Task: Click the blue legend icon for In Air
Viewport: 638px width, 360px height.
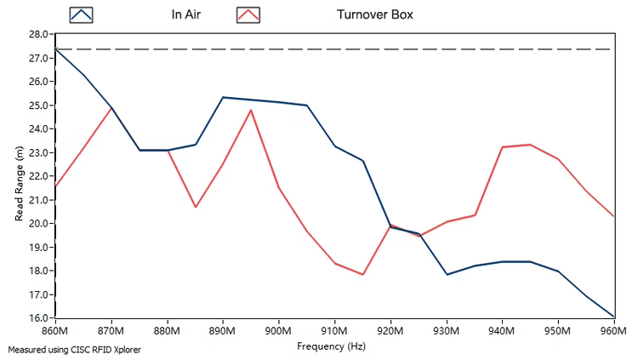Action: pyautogui.click(x=81, y=15)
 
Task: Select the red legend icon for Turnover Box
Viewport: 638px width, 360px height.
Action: pyautogui.click(x=248, y=15)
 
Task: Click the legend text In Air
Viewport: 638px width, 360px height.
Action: pyautogui.click(x=186, y=14)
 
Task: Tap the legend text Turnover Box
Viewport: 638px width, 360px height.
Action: pyautogui.click(x=375, y=14)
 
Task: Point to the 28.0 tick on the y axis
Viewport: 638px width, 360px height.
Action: pyautogui.click(x=38, y=34)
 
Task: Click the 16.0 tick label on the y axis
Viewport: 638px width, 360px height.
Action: pyautogui.click(x=38, y=317)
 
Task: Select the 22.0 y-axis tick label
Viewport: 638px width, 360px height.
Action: pyautogui.click(x=38, y=176)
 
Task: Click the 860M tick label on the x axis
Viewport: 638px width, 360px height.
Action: pyautogui.click(x=55, y=331)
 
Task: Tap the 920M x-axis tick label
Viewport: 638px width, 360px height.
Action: pyautogui.click(x=390, y=331)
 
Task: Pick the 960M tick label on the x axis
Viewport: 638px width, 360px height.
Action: pyautogui.click(x=614, y=331)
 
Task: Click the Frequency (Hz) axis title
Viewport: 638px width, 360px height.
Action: pyautogui.click(x=331, y=346)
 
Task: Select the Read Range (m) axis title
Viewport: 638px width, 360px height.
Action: pyautogui.click(x=19, y=184)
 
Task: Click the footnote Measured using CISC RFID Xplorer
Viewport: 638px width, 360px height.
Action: pyautogui.click(x=75, y=350)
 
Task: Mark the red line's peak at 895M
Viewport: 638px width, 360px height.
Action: pyautogui.click(x=251, y=110)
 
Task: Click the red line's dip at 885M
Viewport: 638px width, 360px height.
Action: pyautogui.click(x=196, y=207)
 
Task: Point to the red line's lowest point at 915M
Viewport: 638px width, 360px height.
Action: pyautogui.click(x=363, y=274)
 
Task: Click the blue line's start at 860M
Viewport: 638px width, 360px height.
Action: pyautogui.click(x=56, y=49)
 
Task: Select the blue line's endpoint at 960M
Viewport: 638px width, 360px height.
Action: pyautogui.click(x=614, y=317)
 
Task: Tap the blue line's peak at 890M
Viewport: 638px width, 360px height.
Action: pyautogui.click(x=223, y=97)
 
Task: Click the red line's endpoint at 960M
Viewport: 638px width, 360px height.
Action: pyautogui.click(x=614, y=216)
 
